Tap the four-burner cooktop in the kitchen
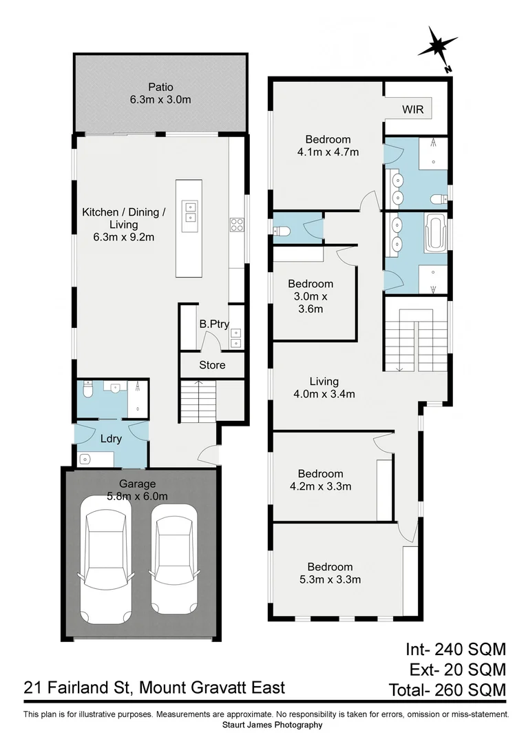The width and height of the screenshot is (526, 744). [236, 223]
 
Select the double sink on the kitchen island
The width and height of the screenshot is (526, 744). [190, 212]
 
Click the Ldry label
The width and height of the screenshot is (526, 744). [111, 439]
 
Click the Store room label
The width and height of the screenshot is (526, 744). [212, 364]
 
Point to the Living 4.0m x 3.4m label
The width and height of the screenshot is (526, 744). [323, 387]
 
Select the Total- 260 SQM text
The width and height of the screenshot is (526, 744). [447, 689]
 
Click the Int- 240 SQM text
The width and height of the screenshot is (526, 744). [454, 649]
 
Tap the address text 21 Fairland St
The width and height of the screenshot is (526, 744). [154, 688]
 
